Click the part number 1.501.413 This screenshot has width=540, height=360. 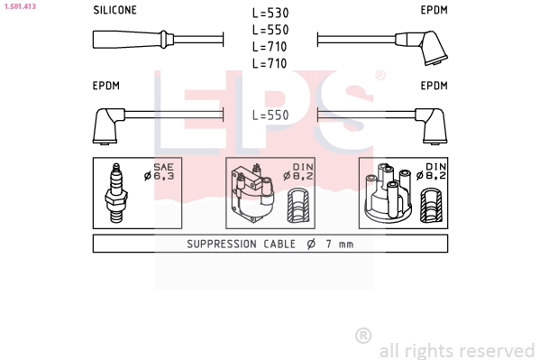click(x=21, y=6)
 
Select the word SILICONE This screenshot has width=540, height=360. click(x=115, y=10)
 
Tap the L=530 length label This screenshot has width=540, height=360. click(x=270, y=13)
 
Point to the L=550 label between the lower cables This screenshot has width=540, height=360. click(x=270, y=115)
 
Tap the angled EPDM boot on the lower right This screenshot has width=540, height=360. click(x=431, y=125)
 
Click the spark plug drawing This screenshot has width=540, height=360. click(x=116, y=193)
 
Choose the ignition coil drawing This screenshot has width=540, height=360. click(x=252, y=193)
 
